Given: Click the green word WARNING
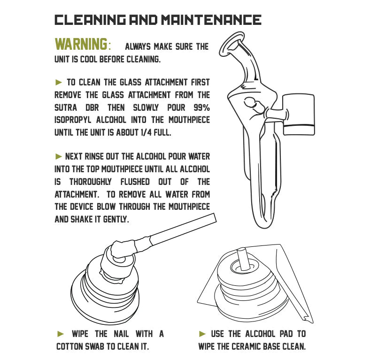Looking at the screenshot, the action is (x=81, y=44).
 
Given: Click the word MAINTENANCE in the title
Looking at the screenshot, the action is (x=211, y=20).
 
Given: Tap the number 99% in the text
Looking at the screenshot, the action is (x=202, y=107).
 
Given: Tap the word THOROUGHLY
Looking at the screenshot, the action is (x=90, y=182).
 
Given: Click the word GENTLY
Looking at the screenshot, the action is (x=116, y=219).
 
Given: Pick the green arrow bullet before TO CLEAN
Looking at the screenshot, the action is (x=59, y=83).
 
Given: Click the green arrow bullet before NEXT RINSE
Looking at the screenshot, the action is (x=59, y=156).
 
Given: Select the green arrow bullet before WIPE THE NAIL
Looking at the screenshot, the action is (x=61, y=334).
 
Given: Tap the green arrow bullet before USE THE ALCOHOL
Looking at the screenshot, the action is (x=202, y=334).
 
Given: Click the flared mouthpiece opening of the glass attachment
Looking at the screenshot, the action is (x=231, y=45).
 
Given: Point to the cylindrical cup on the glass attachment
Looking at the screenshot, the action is (x=299, y=115).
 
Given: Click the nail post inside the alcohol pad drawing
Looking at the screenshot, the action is (x=242, y=259).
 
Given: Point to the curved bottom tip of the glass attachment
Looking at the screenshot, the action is (x=263, y=225).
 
